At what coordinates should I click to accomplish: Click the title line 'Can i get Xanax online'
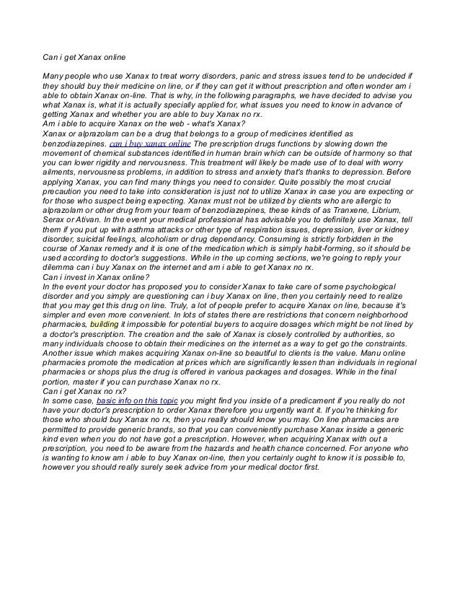point(85,58)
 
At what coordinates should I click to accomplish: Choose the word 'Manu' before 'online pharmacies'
point(376,341)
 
